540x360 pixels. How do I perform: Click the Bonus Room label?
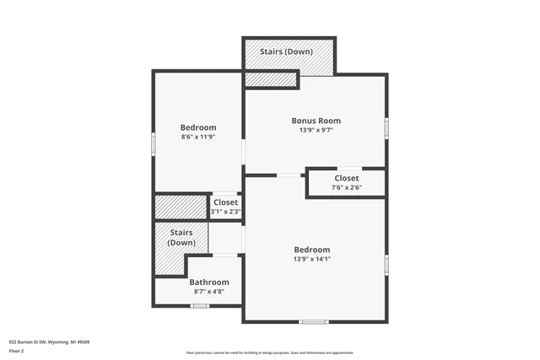(x=316, y=121)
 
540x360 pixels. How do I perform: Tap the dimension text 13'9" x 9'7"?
(x=316, y=131)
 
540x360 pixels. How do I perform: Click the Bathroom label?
(x=208, y=282)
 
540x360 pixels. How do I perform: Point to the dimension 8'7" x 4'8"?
(x=208, y=292)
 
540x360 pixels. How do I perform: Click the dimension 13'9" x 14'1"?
(x=311, y=260)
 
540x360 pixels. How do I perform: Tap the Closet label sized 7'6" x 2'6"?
(x=346, y=178)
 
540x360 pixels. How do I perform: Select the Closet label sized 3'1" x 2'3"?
(x=225, y=202)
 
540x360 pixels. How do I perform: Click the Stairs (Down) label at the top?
(x=288, y=51)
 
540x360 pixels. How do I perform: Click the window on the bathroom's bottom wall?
(x=200, y=306)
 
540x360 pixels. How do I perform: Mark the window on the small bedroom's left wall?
(x=154, y=143)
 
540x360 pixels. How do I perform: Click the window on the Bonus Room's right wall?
(x=387, y=127)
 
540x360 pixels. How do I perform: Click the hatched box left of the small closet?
(x=181, y=207)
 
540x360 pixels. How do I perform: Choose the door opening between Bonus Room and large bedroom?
(x=291, y=175)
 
